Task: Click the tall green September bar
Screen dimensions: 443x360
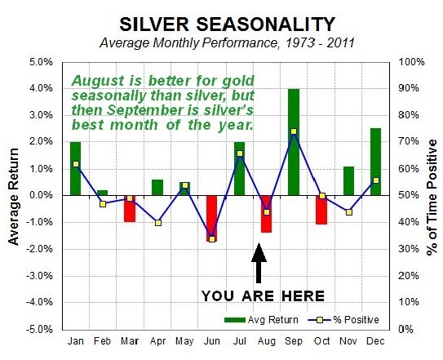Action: pyautogui.click(x=294, y=142)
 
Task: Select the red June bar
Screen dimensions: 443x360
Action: pyautogui.click(x=212, y=218)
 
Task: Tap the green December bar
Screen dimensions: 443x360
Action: pyautogui.click(x=375, y=162)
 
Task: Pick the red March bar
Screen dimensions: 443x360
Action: pyautogui.click(x=130, y=209)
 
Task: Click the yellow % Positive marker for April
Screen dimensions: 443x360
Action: pyautogui.click(x=158, y=223)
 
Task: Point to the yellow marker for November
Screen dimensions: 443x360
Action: pyautogui.click(x=349, y=212)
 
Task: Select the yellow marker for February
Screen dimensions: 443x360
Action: pyautogui.click(x=103, y=204)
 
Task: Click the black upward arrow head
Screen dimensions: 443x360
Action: pyautogui.click(x=259, y=252)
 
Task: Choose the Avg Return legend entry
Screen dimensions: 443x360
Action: pyautogui.click(x=261, y=320)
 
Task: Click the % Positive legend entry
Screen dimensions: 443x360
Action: pyautogui.click(x=343, y=320)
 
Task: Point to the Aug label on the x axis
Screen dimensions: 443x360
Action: pyautogui.click(x=267, y=341)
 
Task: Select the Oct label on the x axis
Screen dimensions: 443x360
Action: pyautogui.click(x=321, y=341)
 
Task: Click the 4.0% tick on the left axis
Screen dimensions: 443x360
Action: pyautogui.click(x=41, y=88)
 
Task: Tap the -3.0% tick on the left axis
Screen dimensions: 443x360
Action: pyautogui.click(x=39, y=276)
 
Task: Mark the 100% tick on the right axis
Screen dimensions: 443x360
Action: pyautogui.click(x=411, y=62)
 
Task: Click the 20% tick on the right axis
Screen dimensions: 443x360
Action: pyautogui.click(x=409, y=276)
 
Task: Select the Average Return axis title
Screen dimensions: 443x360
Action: pyautogui.click(x=13, y=197)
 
